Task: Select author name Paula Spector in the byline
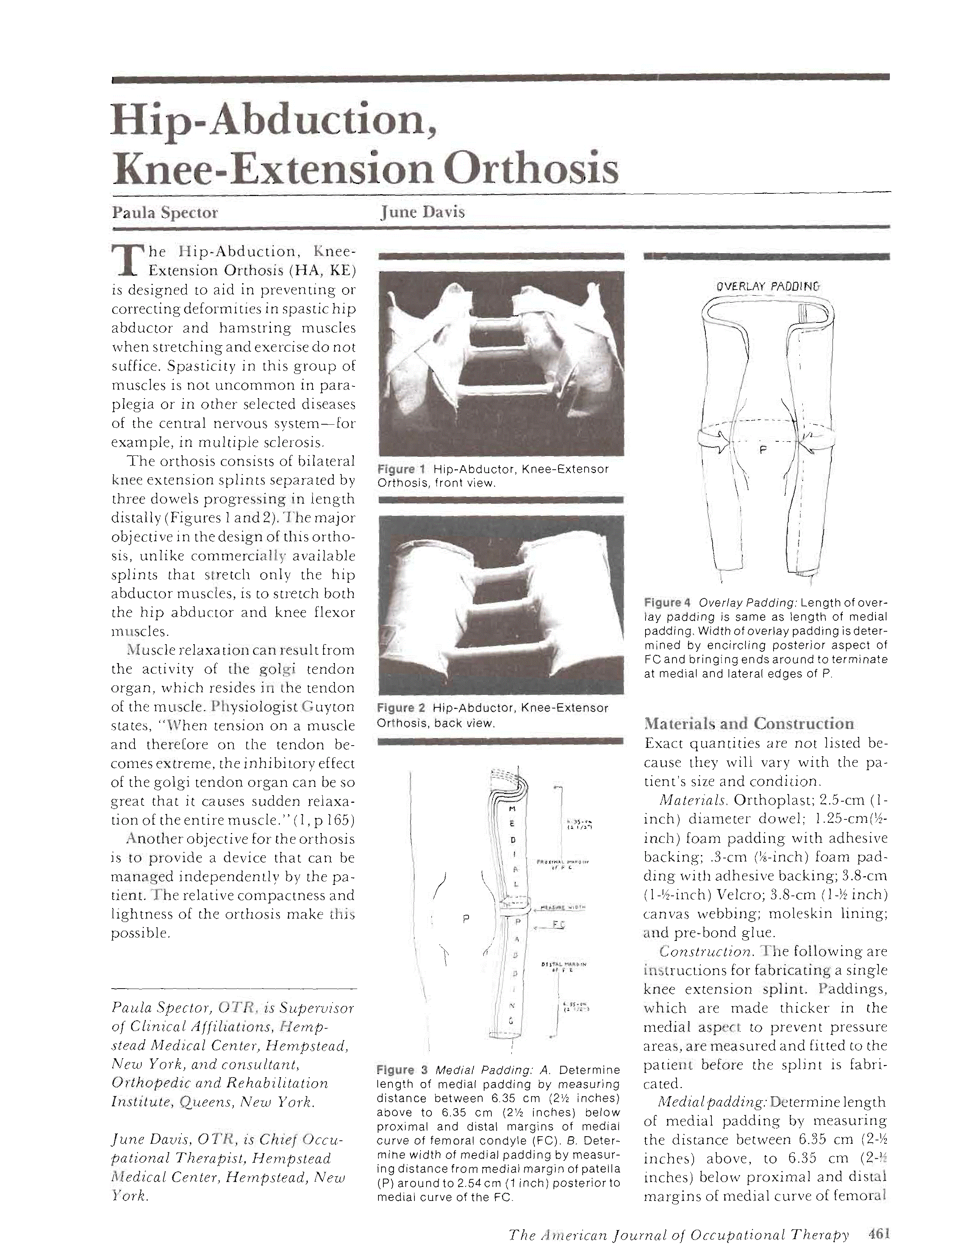[165, 213]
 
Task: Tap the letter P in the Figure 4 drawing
[762, 450]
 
